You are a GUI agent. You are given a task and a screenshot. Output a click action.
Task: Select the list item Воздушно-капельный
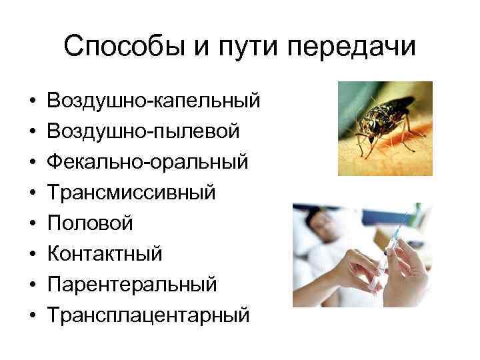[x=153, y=102]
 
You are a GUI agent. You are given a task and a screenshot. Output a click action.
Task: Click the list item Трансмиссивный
[x=131, y=193]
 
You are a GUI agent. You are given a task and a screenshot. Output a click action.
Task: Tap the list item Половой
[x=90, y=223]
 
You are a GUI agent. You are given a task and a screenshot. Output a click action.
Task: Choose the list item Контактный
[x=105, y=253]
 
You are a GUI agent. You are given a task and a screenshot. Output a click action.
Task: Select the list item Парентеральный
[x=132, y=283]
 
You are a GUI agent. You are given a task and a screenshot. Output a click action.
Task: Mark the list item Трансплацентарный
[x=147, y=313]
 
